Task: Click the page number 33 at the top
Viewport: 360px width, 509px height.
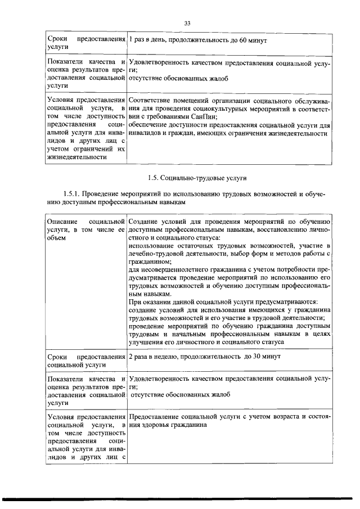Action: [x=188, y=23]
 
